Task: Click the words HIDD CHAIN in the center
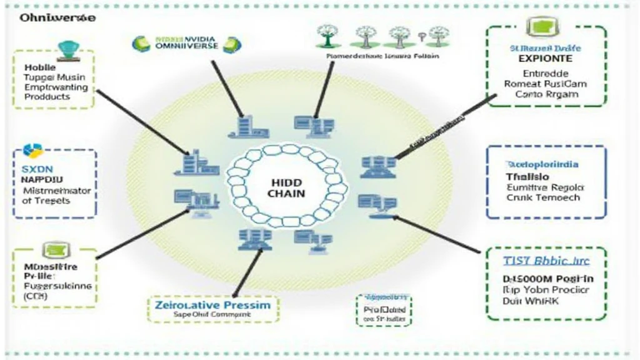287,187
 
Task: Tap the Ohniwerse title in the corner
57,18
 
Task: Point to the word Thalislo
522,176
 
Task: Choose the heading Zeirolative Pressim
212,304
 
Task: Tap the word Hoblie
40,67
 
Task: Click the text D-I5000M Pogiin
548,279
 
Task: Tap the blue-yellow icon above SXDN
32,151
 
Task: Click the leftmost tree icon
326,34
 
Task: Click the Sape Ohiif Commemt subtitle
212,316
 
